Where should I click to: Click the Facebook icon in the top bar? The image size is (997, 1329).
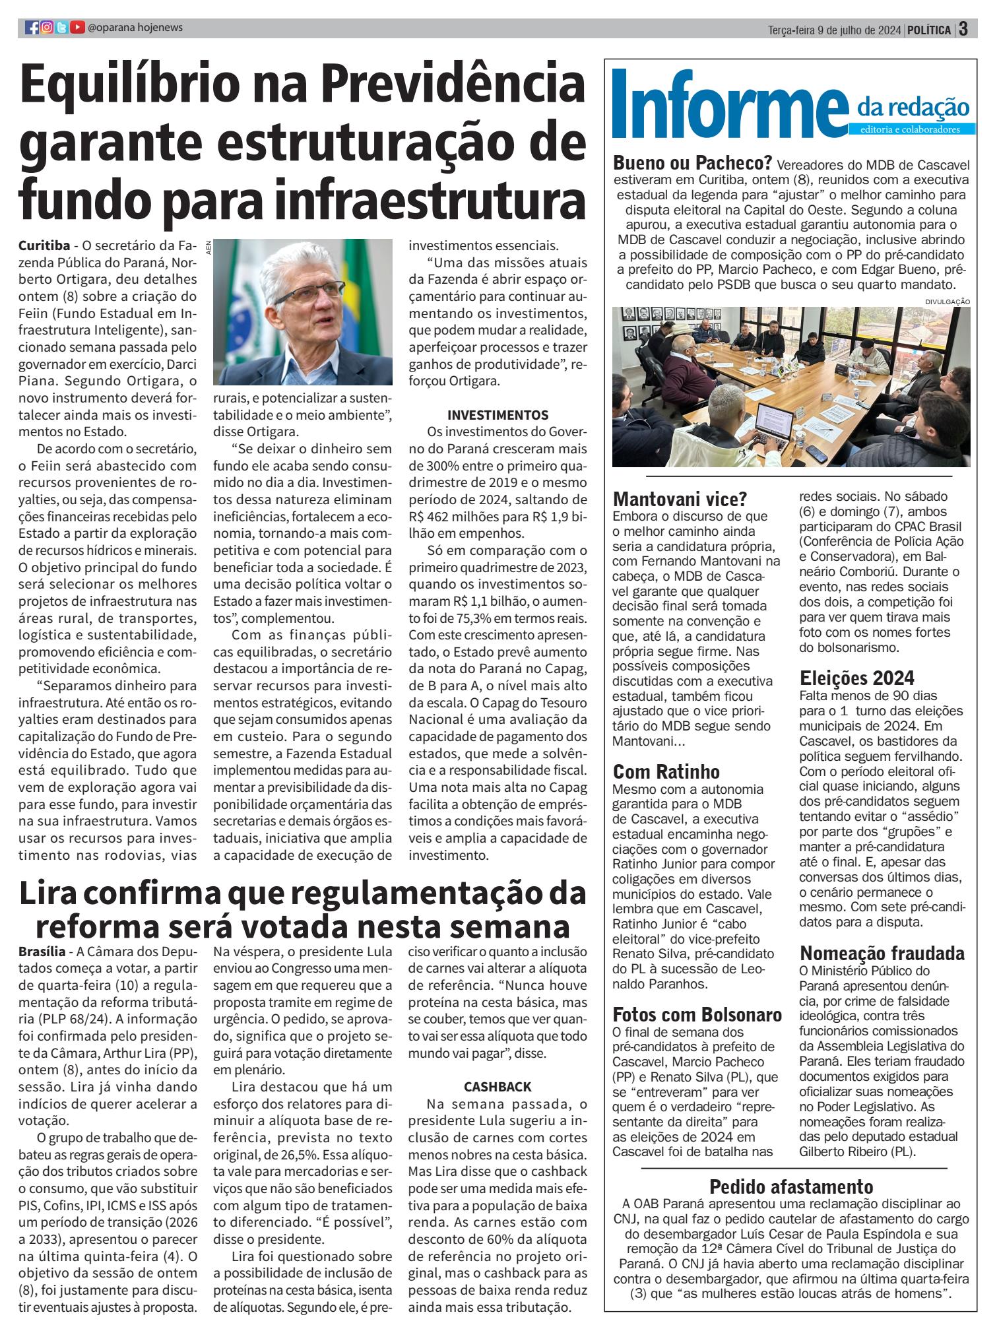(32, 28)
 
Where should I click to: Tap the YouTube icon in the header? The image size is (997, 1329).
(77, 28)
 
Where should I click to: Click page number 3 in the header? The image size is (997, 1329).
(964, 30)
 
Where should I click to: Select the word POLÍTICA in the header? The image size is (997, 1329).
(929, 30)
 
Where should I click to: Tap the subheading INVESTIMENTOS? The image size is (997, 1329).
(498, 416)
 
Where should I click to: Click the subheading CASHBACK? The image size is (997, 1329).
(498, 1087)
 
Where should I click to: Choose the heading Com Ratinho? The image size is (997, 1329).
(666, 771)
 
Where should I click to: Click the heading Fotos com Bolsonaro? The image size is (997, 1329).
(697, 1014)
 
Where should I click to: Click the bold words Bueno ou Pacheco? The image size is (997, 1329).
(693, 163)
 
